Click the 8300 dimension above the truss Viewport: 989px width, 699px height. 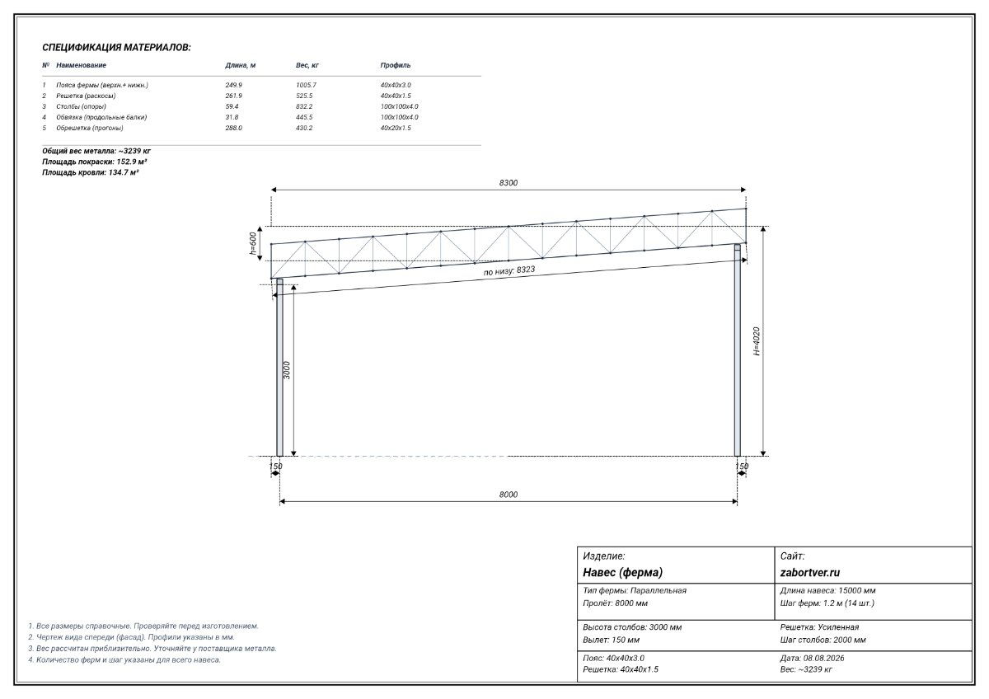click(x=509, y=183)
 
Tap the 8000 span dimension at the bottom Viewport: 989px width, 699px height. click(x=509, y=495)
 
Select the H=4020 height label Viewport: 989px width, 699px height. click(x=757, y=341)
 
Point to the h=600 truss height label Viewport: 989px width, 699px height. click(x=253, y=244)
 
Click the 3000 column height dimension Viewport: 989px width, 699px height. click(x=287, y=370)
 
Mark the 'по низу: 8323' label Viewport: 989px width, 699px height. click(x=509, y=270)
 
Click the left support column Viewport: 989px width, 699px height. click(x=279, y=368)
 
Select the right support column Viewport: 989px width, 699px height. click(x=738, y=350)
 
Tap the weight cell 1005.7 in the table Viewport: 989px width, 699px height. click(x=306, y=85)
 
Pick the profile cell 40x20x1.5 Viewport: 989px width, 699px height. click(x=396, y=128)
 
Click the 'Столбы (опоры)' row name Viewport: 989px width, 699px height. click(x=82, y=106)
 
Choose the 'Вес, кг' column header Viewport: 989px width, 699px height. click(x=307, y=65)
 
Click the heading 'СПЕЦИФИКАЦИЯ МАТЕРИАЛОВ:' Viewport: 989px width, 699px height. click(x=116, y=47)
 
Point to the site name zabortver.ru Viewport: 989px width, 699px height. click(x=809, y=572)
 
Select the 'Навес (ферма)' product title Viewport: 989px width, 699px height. click(x=622, y=572)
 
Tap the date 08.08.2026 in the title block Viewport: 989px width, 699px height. click(x=823, y=658)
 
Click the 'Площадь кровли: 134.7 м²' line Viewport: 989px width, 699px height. click(x=90, y=172)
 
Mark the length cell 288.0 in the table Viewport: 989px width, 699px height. click(x=233, y=128)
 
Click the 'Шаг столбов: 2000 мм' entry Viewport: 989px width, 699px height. click(x=823, y=640)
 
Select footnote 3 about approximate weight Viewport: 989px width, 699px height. click(x=152, y=649)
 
